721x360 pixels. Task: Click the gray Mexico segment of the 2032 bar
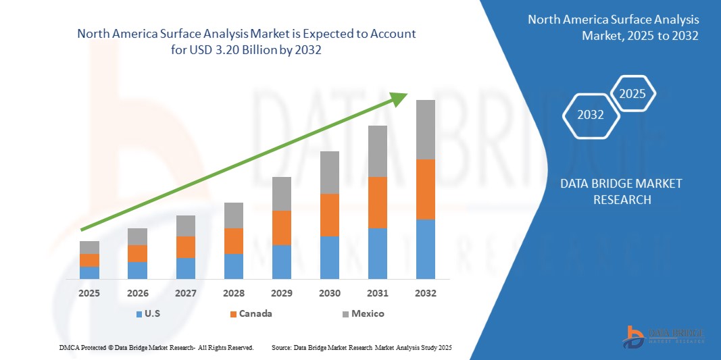tap(425, 130)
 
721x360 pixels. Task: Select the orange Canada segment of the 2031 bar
tap(377, 202)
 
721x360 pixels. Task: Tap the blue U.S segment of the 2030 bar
tap(329, 257)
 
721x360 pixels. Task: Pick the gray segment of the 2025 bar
tap(89, 247)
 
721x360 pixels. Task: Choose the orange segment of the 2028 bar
tap(233, 241)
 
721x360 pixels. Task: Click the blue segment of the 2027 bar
tap(185, 268)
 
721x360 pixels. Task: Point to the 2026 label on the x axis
tap(137, 294)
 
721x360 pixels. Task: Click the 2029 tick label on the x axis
tap(281, 294)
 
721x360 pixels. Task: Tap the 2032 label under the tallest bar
tap(425, 294)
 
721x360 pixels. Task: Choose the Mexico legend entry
tap(362, 314)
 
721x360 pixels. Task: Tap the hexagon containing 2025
tap(632, 94)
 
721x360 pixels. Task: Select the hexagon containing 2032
tap(591, 115)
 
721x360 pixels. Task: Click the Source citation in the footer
tap(362, 347)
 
